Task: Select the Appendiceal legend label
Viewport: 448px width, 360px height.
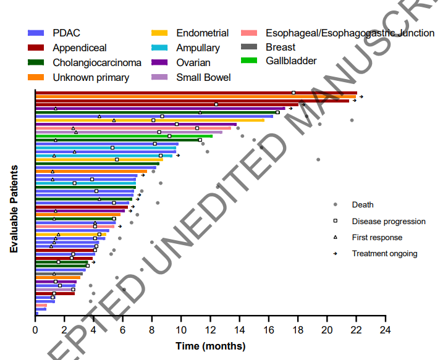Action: click(80, 48)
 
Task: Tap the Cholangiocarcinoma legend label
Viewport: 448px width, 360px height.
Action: click(97, 62)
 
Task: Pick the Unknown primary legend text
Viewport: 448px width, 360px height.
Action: click(91, 77)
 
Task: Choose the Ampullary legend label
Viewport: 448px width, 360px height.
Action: click(198, 48)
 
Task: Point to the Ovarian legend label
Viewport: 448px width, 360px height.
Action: click(193, 62)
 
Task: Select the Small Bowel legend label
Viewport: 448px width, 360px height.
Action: click(203, 77)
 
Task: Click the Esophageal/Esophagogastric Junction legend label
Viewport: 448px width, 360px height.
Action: click(350, 33)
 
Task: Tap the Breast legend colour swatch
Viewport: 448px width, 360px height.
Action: click(250, 48)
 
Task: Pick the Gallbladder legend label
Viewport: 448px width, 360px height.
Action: click(291, 61)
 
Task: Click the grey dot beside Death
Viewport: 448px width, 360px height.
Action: click(335, 204)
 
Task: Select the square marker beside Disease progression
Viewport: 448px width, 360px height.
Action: click(335, 220)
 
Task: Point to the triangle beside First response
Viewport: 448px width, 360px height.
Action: click(335, 237)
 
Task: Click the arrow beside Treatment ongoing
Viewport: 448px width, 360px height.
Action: click(335, 253)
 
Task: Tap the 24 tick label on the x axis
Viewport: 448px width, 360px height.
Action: click(385, 331)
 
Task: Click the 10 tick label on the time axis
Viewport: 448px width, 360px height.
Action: click(181, 331)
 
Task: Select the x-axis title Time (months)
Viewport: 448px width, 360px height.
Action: click(210, 346)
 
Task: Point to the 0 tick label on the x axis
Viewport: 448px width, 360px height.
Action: click(35, 331)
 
